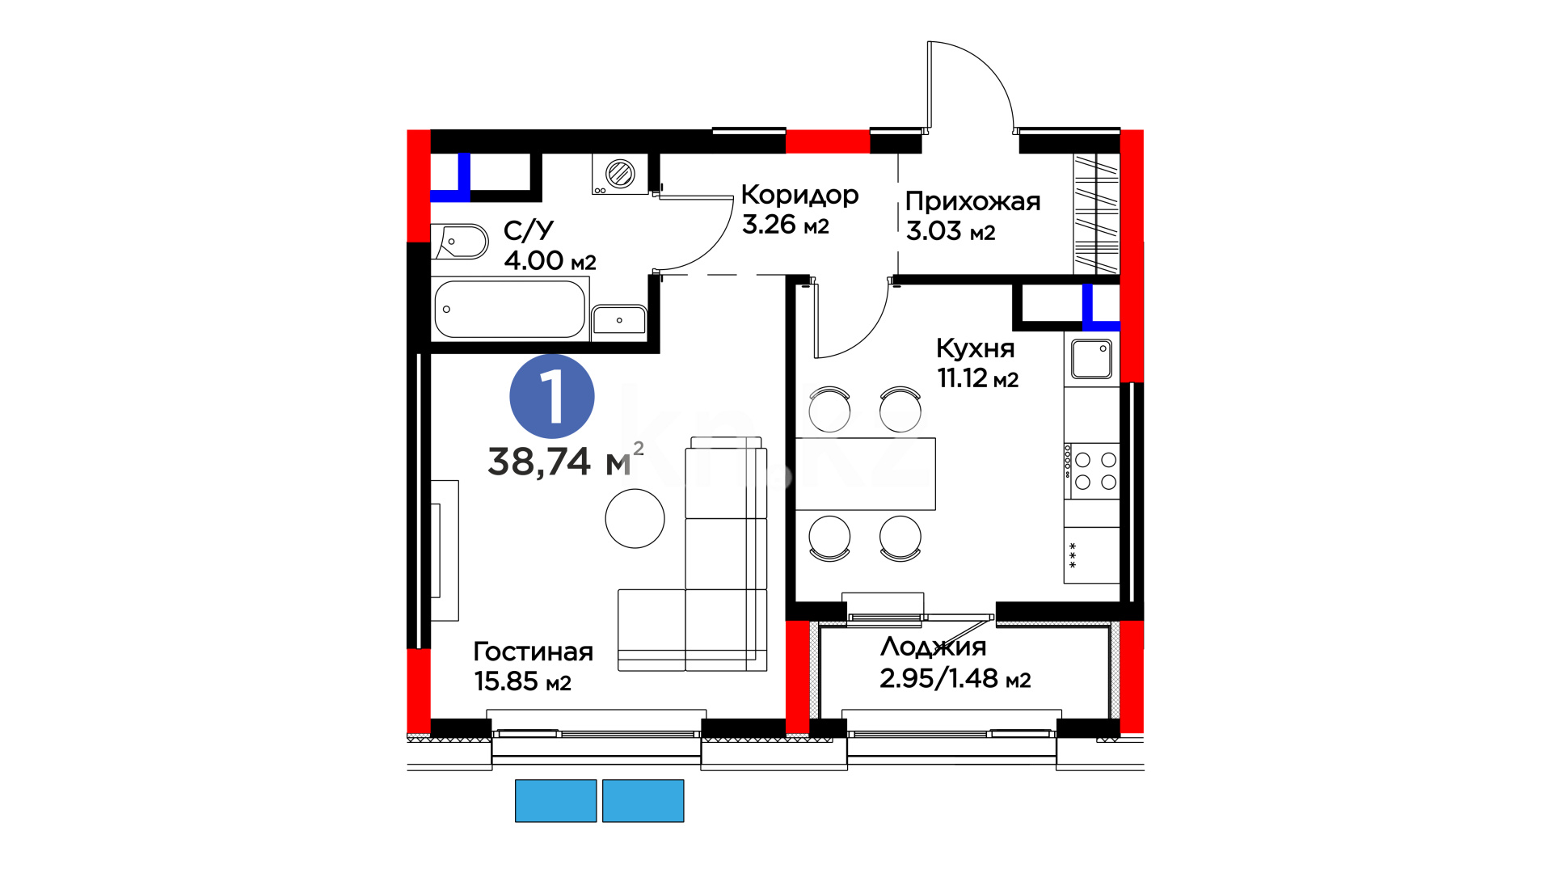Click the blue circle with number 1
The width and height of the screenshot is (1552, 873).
552,396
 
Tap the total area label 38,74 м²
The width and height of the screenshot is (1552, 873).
566,460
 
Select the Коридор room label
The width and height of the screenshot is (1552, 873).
799,195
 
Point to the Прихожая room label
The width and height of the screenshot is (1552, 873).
972,200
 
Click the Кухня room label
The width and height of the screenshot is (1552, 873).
975,348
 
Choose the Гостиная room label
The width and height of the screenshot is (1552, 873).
533,652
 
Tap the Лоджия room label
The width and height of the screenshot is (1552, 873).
934,647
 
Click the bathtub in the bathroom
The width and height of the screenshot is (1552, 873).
510,309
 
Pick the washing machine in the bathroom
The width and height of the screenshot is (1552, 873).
620,174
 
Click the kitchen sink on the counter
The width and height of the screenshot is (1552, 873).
1091,359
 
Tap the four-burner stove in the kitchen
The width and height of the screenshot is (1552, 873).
1092,470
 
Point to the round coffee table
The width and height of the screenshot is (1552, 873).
635,519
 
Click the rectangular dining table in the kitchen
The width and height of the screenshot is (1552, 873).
866,474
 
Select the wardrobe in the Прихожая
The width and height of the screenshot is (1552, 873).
1096,213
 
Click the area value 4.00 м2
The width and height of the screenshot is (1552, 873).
550,260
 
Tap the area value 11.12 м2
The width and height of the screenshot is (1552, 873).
978,377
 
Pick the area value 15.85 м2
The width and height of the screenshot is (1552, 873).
523,681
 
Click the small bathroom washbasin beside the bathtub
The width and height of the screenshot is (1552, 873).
619,320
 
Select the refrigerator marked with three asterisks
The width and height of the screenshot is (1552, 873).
1092,555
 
